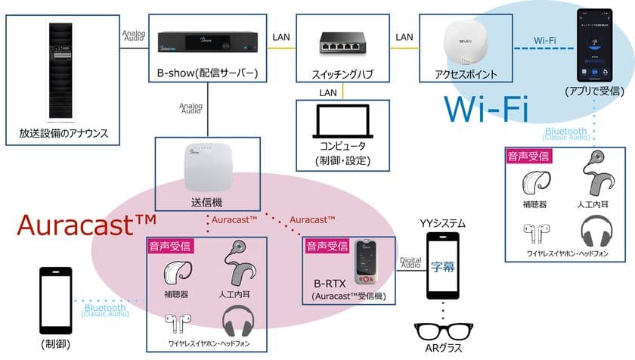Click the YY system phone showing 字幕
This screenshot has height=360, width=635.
click(444, 265)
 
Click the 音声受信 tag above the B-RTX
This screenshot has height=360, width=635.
click(326, 247)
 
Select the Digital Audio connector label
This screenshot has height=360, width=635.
click(410, 262)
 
